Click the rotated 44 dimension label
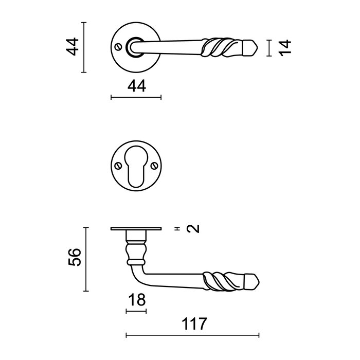[74, 47]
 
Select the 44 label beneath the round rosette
[136, 86]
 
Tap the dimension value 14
[286, 47]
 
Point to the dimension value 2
[192, 228]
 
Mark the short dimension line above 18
[136, 311]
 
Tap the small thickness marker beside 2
[176, 228]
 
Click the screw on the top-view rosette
[120, 47]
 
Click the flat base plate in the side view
[136, 229]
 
